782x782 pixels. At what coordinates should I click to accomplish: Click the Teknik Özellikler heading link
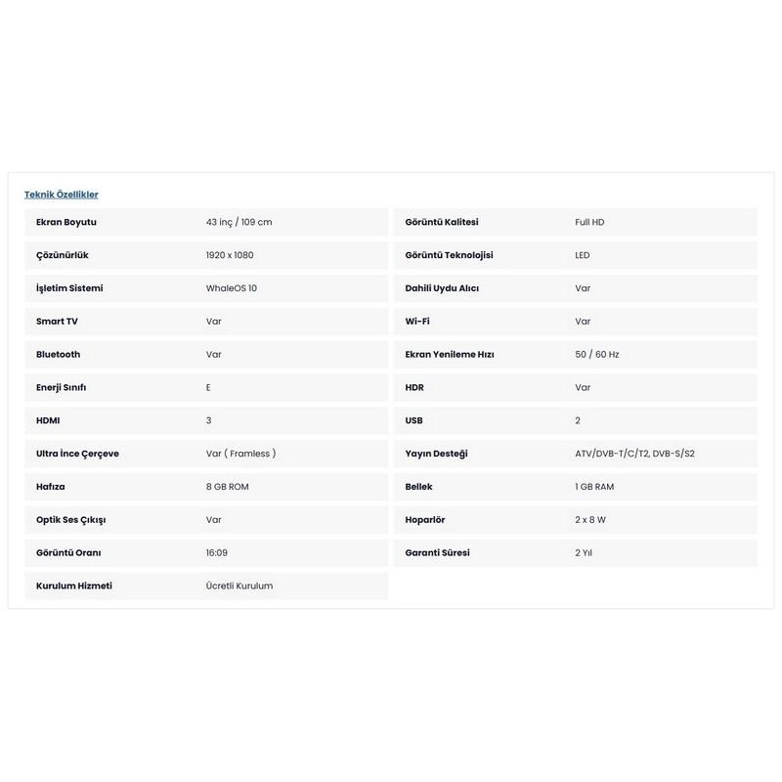(61, 195)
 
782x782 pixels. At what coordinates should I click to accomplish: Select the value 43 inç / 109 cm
(239, 222)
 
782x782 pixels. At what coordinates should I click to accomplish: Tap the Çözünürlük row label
(63, 255)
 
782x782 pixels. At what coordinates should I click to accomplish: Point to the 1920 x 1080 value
(230, 255)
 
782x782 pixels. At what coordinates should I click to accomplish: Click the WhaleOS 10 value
(232, 288)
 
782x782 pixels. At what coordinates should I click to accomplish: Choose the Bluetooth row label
(59, 354)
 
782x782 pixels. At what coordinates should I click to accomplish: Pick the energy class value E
(208, 387)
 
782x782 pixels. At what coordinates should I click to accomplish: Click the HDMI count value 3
(208, 420)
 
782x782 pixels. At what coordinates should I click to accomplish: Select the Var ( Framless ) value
(240, 454)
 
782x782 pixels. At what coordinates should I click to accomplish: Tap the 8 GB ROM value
(227, 487)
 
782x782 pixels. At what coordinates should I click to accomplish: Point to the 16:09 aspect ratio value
(217, 552)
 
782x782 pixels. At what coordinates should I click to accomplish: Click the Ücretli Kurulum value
(239, 586)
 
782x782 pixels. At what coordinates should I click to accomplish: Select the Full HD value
(589, 222)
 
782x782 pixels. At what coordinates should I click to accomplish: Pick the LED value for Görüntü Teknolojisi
(583, 255)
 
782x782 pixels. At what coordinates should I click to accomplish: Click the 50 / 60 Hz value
(596, 354)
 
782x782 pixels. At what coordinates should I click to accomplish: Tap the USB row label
(413, 420)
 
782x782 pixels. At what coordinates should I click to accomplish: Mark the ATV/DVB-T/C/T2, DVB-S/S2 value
(634, 454)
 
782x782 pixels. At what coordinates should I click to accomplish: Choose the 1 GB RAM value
(594, 487)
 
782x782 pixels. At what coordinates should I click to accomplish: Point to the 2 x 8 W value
(590, 520)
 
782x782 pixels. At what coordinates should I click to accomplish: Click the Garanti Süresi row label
(437, 552)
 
